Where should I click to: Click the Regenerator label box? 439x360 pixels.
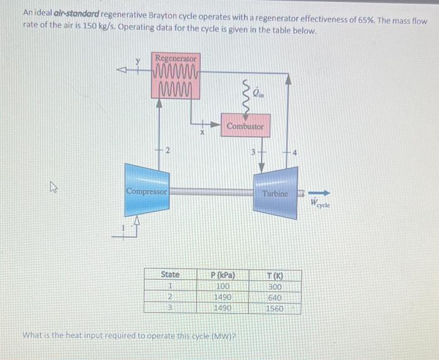point(176,58)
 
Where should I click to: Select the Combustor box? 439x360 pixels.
point(245,125)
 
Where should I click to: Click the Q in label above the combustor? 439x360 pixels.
point(259,94)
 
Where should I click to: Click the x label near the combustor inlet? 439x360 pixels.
point(203,133)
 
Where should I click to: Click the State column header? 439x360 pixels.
point(170,275)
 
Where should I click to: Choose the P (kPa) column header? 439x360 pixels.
point(222,275)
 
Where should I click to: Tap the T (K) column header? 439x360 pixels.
point(275,275)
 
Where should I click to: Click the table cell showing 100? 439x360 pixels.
point(223,286)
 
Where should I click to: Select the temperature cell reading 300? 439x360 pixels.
point(275,286)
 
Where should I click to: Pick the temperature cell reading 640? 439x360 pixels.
point(275,297)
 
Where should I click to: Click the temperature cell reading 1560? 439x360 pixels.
point(275,308)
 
